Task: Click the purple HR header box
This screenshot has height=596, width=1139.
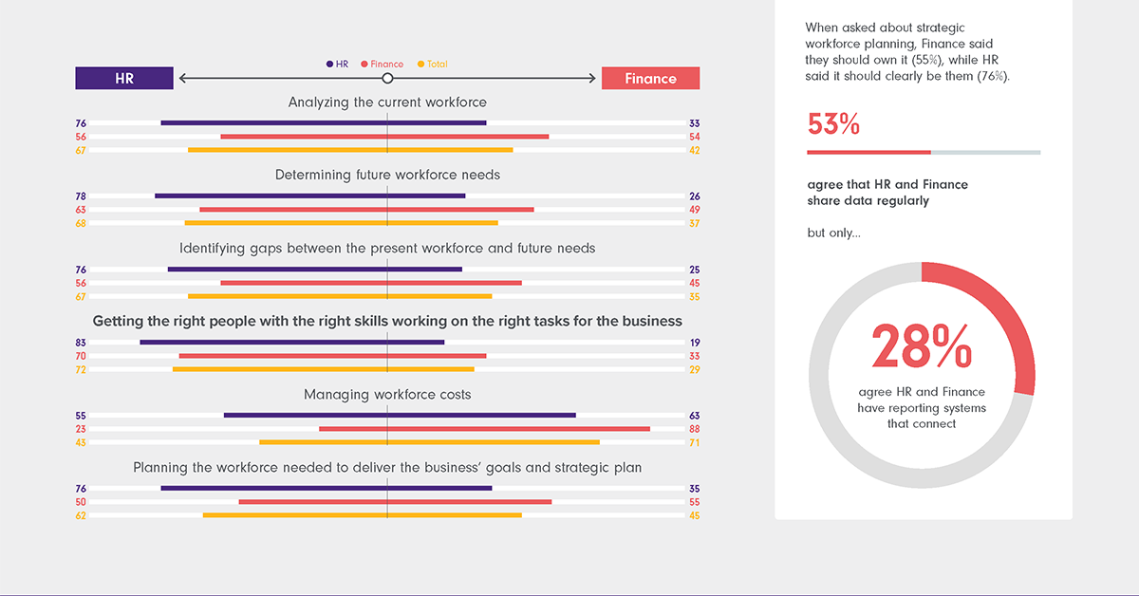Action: (124, 78)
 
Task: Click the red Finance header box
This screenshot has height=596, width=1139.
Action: (650, 78)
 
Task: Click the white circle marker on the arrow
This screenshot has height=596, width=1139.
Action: (387, 78)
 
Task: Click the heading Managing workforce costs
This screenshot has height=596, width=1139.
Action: (387, 394)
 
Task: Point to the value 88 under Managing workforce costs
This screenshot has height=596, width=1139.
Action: (694, 429)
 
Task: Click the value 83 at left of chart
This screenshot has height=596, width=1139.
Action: (81, 343)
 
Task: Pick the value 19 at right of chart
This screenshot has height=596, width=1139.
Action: (694, 343)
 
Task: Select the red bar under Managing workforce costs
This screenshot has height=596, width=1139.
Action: (484, 429)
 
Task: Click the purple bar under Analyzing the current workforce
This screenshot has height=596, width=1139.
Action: (323, 122)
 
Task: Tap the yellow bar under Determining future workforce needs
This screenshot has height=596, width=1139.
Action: (341, 223)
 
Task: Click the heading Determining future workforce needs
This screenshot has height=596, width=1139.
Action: (387, 175)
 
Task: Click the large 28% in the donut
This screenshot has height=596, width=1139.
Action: (921, 346)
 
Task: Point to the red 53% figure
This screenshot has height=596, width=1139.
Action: (833, 124)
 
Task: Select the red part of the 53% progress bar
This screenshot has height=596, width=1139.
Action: (868, 152)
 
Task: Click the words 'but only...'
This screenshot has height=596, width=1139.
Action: (833, 233)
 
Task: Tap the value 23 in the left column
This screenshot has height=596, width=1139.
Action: (81, 429)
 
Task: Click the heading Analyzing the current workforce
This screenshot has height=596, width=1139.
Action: (387, 102)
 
